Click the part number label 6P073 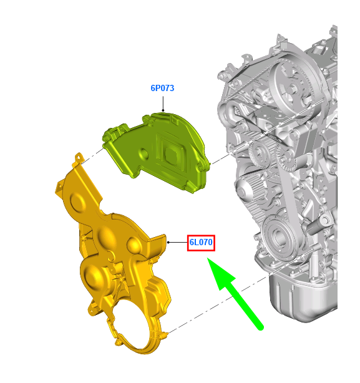162,88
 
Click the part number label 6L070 201,242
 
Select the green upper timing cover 157,152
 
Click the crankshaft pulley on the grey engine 278,235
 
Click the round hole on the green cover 144,153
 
